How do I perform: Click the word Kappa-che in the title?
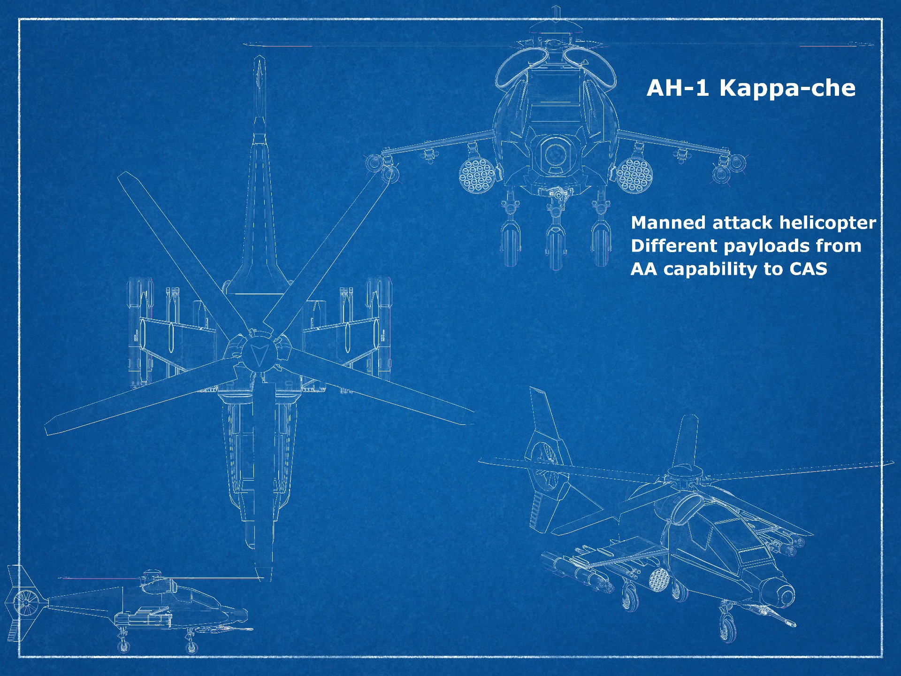(787, 88)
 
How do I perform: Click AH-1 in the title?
(678, 88)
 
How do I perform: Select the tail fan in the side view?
(24, 602)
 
